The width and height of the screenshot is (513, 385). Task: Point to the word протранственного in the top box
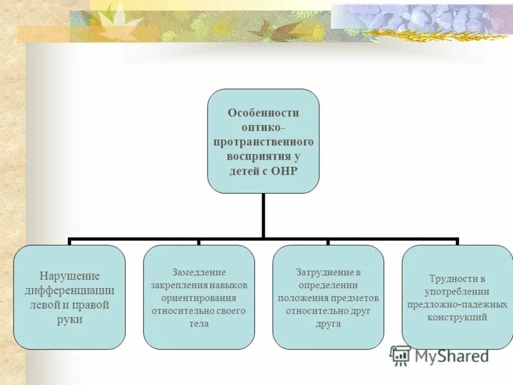(263, 142)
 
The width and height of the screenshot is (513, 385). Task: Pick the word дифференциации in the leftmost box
(70, 290)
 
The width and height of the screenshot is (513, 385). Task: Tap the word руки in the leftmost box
(70, 319)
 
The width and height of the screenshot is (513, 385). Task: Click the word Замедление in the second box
(199, 272)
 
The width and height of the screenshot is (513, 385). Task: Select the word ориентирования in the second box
(199, 298)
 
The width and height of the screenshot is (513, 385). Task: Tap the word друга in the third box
(328, 324)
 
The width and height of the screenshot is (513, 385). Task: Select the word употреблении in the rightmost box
(457, 291)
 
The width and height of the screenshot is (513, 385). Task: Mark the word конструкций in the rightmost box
(457, 317)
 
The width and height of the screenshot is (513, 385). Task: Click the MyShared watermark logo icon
(400, 355)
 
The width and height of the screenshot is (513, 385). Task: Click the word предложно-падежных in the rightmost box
(457, 304)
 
